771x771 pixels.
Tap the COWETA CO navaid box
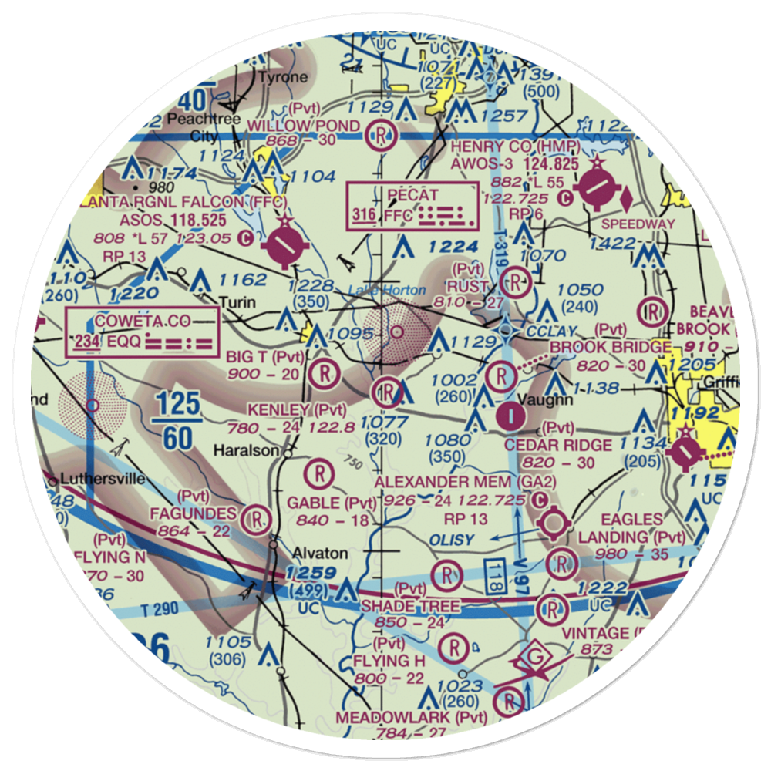coord(143,332)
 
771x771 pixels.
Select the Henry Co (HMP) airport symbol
coord(595,188)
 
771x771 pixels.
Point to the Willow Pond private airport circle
coord(381,136)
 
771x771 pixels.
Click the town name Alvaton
coord(320,554)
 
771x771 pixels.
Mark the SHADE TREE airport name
coord(410,608)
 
